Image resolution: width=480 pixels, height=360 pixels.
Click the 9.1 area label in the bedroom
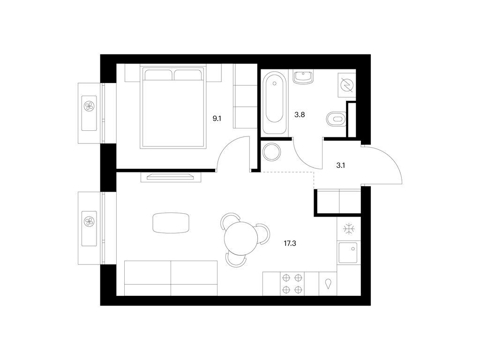tap(217, 119)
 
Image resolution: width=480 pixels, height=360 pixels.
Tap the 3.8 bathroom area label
tap(300, 115)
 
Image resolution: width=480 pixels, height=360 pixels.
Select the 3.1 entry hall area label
tap(341, 165)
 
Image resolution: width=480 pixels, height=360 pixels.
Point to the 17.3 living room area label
tap(290, 244)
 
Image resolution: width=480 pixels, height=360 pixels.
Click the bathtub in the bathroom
tap(274, 103)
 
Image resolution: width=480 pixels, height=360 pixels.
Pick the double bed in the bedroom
tap(172, 106)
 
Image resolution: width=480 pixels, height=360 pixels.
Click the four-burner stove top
tap(292, 284)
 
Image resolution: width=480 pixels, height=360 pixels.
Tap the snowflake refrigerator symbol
tap(349, 229)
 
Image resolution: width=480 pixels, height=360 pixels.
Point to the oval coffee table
tap(171, 223)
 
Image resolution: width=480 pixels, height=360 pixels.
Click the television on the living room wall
tap(171, 177)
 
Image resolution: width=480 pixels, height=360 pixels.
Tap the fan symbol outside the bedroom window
tap(89, 106)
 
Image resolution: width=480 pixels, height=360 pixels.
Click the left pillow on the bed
tap(158, 75)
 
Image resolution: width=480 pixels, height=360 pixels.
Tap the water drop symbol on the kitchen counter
tap(328, 284)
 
